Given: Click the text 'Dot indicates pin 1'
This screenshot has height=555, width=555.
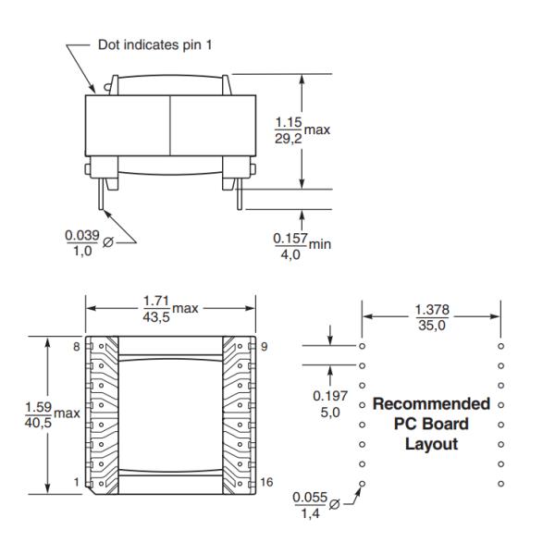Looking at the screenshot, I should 160,44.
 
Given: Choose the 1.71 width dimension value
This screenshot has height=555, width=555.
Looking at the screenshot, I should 155,300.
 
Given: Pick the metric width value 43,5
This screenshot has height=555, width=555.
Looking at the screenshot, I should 155,316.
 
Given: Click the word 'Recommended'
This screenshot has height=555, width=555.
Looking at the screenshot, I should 431,404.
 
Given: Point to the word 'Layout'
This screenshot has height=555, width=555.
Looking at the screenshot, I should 431,443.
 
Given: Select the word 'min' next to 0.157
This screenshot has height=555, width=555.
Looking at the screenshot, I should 320,244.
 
